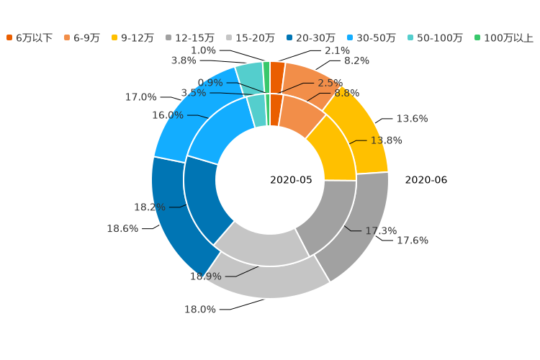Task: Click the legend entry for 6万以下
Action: pos(30,37)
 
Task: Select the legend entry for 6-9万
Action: pos(81,37)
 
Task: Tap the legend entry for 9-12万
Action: pos(132,37)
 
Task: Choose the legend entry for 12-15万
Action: pos(189,37)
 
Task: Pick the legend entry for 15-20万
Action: pos(250,37)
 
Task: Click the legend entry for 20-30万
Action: pos(310,37)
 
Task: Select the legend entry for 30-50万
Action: pos(371,37)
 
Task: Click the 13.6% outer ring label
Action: pos(412,119)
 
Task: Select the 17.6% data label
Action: pos(413,240)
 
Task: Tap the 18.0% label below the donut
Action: pos(200,310)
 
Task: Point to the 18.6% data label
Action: pos(122,229)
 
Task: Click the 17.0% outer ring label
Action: pos(140,97)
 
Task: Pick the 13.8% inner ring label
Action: pos(386,140)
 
